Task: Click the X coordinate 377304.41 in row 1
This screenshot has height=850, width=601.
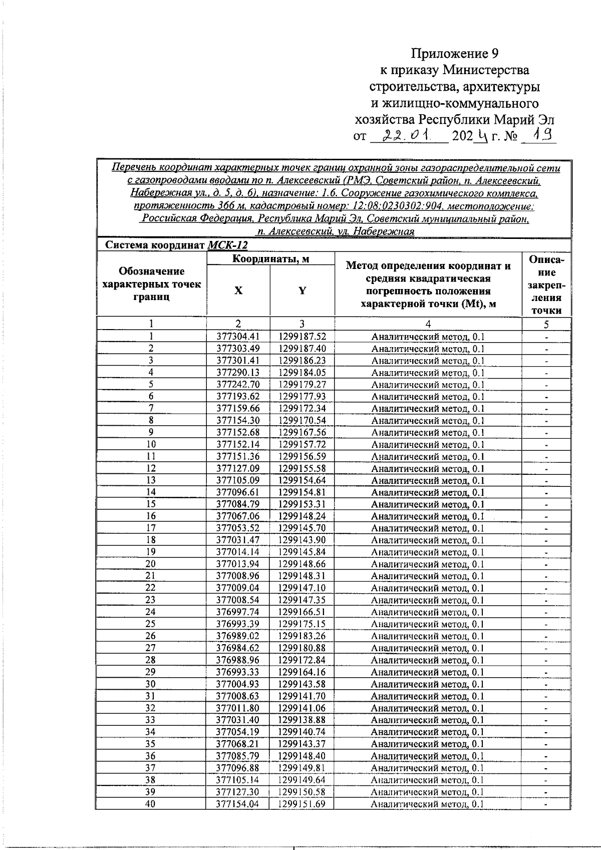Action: click(x=238, y=337)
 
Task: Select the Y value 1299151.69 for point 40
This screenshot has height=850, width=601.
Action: click(x=302, y=804)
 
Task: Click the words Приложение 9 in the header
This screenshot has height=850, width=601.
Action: click(x=455, y=54)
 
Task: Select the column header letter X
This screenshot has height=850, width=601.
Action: click(x=238, y=291)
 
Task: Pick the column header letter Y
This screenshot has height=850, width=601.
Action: click(x=302, y=291)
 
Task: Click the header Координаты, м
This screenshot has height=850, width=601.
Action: click(x=270, y=258)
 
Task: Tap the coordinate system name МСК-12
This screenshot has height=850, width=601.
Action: click(x=227, y=245)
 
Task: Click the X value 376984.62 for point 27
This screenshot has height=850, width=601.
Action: click(x=238, y=648)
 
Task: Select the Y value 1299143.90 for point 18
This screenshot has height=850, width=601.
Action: click(x=302, y=540)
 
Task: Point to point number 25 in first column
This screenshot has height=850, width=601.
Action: click(x=150, y=624)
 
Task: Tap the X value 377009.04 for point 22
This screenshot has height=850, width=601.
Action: click(x=238, y=588)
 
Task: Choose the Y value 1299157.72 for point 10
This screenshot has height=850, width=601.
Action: click(x=302, y=444)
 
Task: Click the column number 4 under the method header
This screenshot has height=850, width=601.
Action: click(x=428, y=324)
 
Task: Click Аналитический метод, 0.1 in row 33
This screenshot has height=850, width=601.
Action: click(x=427, y=720)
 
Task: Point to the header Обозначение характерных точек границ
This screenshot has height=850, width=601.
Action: click(x=151, y=284)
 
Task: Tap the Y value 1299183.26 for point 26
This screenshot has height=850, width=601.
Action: click(x=302, y=636)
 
